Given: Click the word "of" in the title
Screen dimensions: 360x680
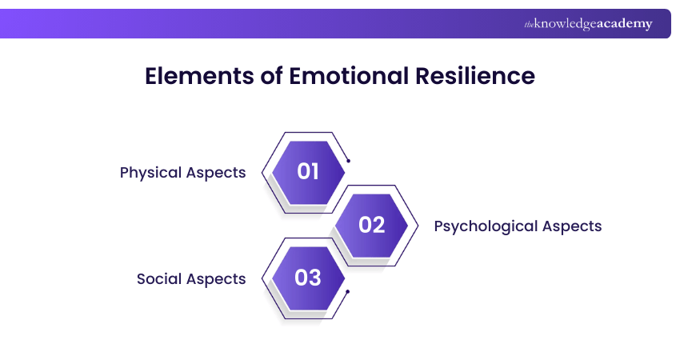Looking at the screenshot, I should pos(268,76).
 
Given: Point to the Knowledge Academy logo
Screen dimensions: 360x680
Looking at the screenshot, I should pos(588,24).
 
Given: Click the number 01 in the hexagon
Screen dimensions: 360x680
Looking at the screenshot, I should pos(309,171).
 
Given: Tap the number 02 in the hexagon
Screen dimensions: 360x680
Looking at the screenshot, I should pos(372,225).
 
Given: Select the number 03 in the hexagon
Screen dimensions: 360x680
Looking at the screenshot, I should pos(309,278).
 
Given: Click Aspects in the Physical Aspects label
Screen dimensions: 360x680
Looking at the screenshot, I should pos(218,173).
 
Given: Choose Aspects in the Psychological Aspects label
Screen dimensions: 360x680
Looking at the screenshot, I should pos(573,226).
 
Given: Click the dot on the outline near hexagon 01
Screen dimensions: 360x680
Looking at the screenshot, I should pos(349,160).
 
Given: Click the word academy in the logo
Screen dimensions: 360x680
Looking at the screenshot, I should pos(624,24).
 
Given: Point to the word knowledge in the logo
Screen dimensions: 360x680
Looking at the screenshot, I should pos(565,24).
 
